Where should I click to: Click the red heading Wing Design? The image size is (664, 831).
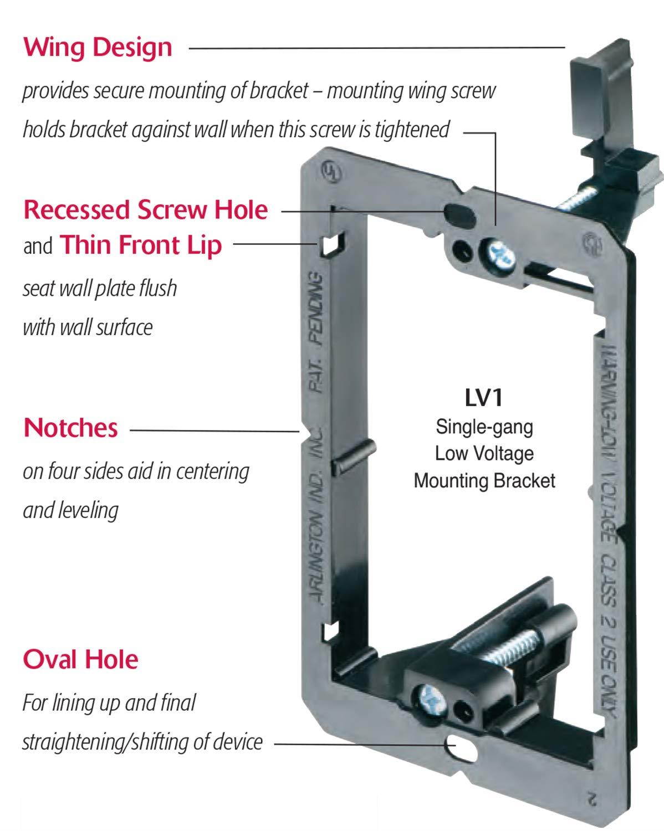[x=98, y=48]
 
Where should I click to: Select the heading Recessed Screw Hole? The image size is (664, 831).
[x=146, y=210]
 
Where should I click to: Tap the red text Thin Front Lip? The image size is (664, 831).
[x=141, y=245]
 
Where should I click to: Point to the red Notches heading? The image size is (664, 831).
[x=70, y=428]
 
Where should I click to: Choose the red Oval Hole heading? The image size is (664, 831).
[x=80, y=659]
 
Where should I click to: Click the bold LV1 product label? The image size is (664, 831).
[x=484, y=398]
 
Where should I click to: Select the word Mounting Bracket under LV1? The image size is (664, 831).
[x=484, y=481]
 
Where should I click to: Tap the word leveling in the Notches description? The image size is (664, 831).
[x=70, y=510]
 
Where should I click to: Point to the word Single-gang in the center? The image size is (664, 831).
[x=484, y=427]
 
